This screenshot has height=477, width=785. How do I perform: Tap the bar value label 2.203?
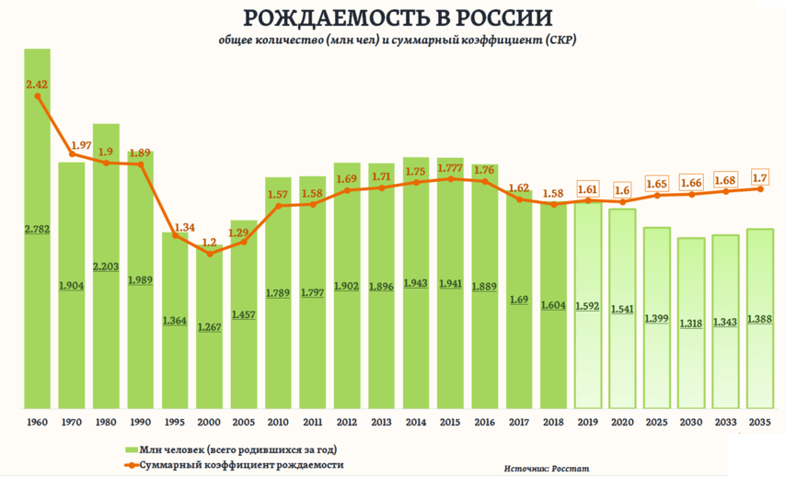click(x=106, y=267)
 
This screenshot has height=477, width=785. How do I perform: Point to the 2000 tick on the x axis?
click(x=209, y=421)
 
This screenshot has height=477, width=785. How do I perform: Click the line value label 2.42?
click(x=37, y=85)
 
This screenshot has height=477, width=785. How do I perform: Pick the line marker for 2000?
click(x=210, y=254)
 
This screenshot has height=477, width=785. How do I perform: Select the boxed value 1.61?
click(x=587, y=189)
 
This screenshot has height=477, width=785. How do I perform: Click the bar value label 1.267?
click(x=209, y=328)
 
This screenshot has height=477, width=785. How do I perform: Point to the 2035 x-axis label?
click(x=760, y=421)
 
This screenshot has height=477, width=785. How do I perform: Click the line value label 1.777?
click(x=450, y=168)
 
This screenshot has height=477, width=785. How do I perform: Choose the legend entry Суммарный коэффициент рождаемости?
click(x=242, y=465)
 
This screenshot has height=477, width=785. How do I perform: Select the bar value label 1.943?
click(x=415, y=283)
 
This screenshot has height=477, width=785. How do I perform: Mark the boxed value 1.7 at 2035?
click(x=760, y=176)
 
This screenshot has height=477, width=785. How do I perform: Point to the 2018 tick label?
click(x=552, y=421)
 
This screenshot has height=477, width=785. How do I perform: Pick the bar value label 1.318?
click(x=691, y=324)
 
